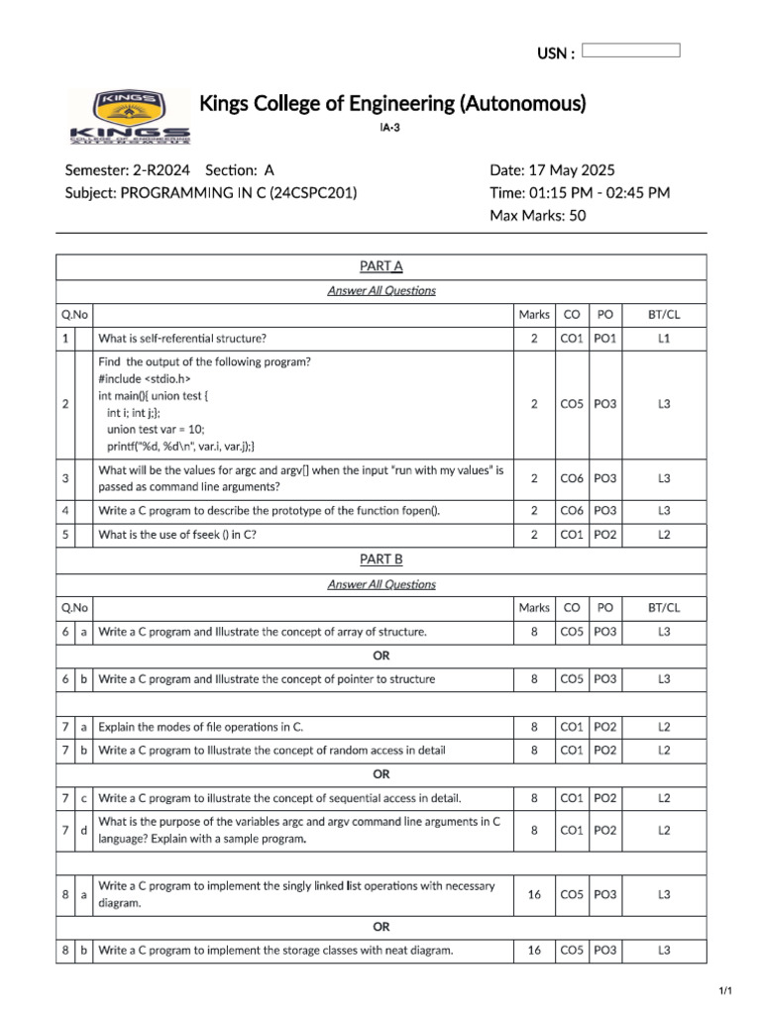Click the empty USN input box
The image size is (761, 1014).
click(x=630, y=51)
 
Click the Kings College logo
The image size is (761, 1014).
click(x=130, y=117)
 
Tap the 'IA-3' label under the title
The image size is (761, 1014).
click(x=390, y=129)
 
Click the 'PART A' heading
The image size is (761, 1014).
click(x=381, y=266)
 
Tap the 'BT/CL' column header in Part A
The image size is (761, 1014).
click(x=664, y=315)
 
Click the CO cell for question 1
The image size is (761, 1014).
click(x=571, y=339)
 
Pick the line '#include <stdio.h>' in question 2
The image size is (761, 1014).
click(x=145, y=378)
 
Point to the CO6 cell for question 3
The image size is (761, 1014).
click(x=571, y=478)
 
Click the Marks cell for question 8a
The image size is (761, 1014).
click(x=534, y=895)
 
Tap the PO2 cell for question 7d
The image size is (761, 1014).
click(x=604, y=830)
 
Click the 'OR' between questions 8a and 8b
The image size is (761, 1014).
click(x=381, y=928)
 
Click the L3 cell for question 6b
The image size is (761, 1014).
click(x=664, y=679)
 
